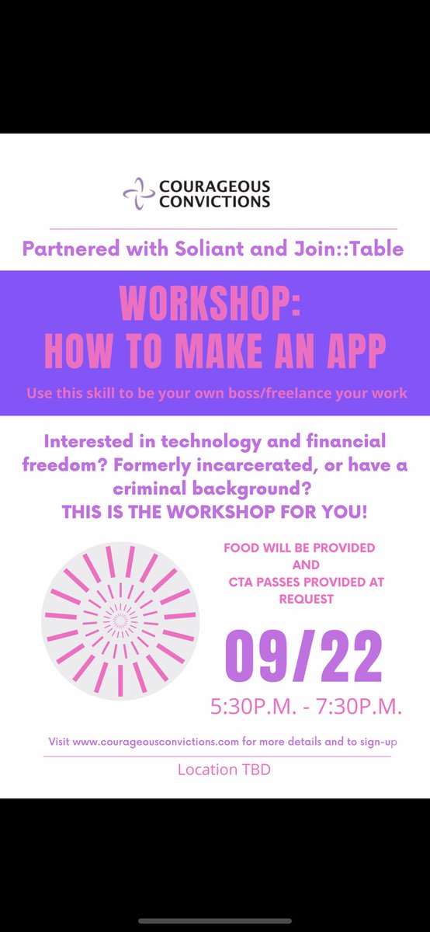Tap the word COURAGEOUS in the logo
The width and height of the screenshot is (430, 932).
[x=214, y=186]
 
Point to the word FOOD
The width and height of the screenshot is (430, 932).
[x=240, y=548]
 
